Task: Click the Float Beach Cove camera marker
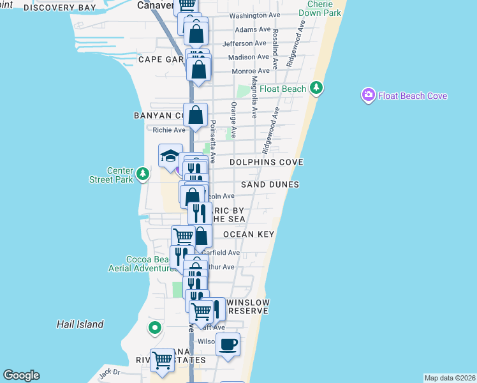368,96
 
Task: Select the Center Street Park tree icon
143,173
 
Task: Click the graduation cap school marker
170,156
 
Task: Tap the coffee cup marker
228,345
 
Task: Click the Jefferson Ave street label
244,43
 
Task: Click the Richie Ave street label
168,130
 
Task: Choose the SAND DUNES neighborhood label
270,184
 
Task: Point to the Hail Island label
80,324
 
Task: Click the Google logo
21,375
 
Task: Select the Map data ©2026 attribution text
449,378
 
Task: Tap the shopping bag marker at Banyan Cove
196,116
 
